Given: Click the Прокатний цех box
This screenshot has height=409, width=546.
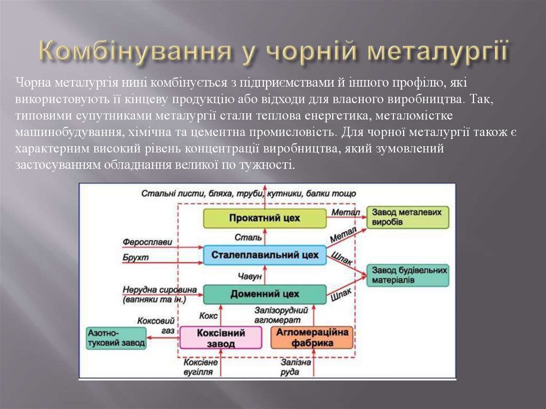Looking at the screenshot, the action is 265,218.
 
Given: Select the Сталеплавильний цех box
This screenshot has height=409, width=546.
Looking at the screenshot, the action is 265,255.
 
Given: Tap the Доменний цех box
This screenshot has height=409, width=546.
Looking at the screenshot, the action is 265,294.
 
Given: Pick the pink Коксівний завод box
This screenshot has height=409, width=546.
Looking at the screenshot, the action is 221,338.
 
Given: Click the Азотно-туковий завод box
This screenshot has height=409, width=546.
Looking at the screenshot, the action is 117,338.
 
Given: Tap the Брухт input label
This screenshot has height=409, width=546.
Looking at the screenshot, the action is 135,258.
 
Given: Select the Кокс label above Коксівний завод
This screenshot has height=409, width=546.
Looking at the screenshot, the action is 208,316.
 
